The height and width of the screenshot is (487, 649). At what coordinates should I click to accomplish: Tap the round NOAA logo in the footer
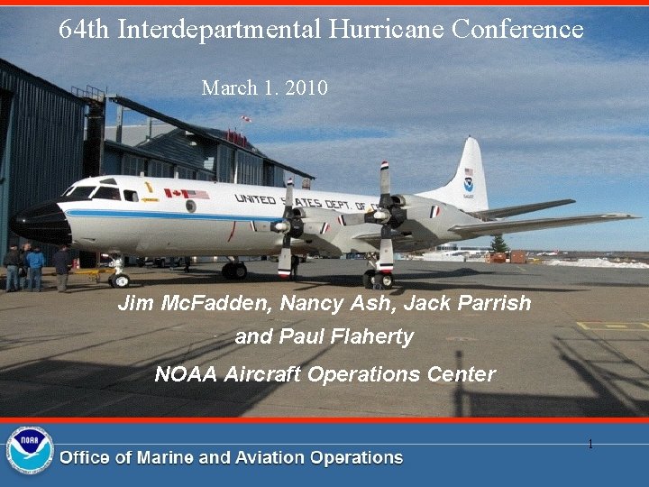pos(30,450)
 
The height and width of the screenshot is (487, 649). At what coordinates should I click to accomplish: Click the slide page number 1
pos(590,444)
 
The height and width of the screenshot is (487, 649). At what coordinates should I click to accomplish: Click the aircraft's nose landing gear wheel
pos(120,280)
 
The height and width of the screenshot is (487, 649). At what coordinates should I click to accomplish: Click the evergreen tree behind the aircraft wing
pos(498,243)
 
